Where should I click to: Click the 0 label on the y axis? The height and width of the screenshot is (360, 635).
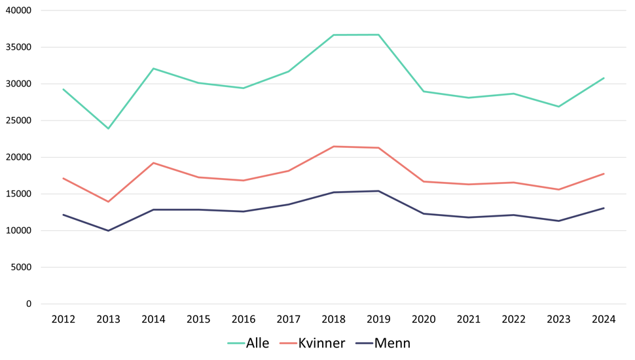pos(29,304)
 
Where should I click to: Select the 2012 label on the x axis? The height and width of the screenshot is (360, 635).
pos(63,319)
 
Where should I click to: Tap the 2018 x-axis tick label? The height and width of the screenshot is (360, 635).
pos(333,319)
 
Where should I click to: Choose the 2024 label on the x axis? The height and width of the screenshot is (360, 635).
pos(604,319)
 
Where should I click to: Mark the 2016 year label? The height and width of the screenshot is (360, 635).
pos(244,319)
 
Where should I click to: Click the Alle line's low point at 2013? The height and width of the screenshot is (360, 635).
pos(109,128)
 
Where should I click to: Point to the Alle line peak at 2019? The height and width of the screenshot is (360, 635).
pos(378,35)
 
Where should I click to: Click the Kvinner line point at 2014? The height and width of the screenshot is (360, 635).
pos(153,163)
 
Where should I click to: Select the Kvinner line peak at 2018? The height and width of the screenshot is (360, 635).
pos(333,147)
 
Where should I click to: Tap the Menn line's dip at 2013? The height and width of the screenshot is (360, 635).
pos(109,230)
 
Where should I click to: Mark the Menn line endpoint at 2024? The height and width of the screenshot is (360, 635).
pos(604,208)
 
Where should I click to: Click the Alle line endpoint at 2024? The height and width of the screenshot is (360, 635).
pos(604,78)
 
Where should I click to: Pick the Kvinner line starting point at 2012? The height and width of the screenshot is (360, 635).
pos(63,178)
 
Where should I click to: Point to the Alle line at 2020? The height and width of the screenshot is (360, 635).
pos(424,91)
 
